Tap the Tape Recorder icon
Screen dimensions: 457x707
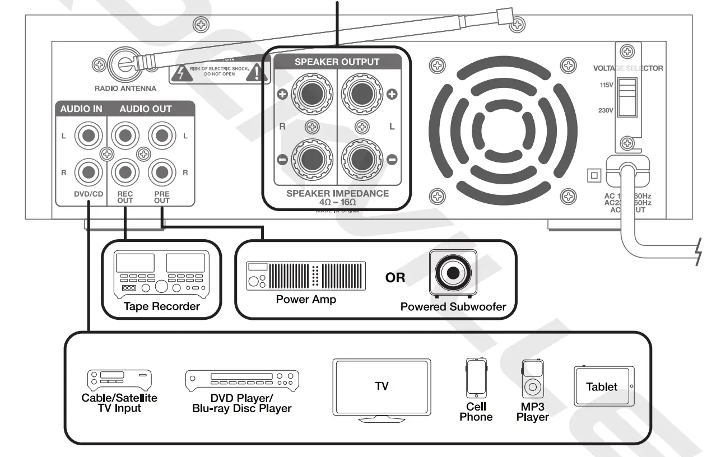pyautogui.click(x=161, y=273)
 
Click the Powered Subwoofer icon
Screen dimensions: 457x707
pyautogui.click(x=453, y=273)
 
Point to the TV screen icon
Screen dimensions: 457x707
pyautogui.click(x=382, y=386)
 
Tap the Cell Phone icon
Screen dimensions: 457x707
pyautogui.click(x=475, y=378)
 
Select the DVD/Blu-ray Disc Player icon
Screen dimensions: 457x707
pyautogui.click(x=242, y=381)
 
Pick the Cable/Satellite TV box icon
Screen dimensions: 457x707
pyautogui.click(x=119, y=379)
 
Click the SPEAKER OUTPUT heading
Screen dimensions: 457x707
pyautogui.click(x=337, y=62)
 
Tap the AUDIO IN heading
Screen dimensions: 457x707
pyautogui.click(x=81, y=109)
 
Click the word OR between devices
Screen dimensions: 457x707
pyautogui.click(x=395, y=277)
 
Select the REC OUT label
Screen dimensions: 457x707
pyautogui.click(x=125, y=197)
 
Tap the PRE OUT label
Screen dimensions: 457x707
pyautogui.click(x=162, y=197)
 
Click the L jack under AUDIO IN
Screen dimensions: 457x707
pyautogui.click(x=87, y=136)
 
